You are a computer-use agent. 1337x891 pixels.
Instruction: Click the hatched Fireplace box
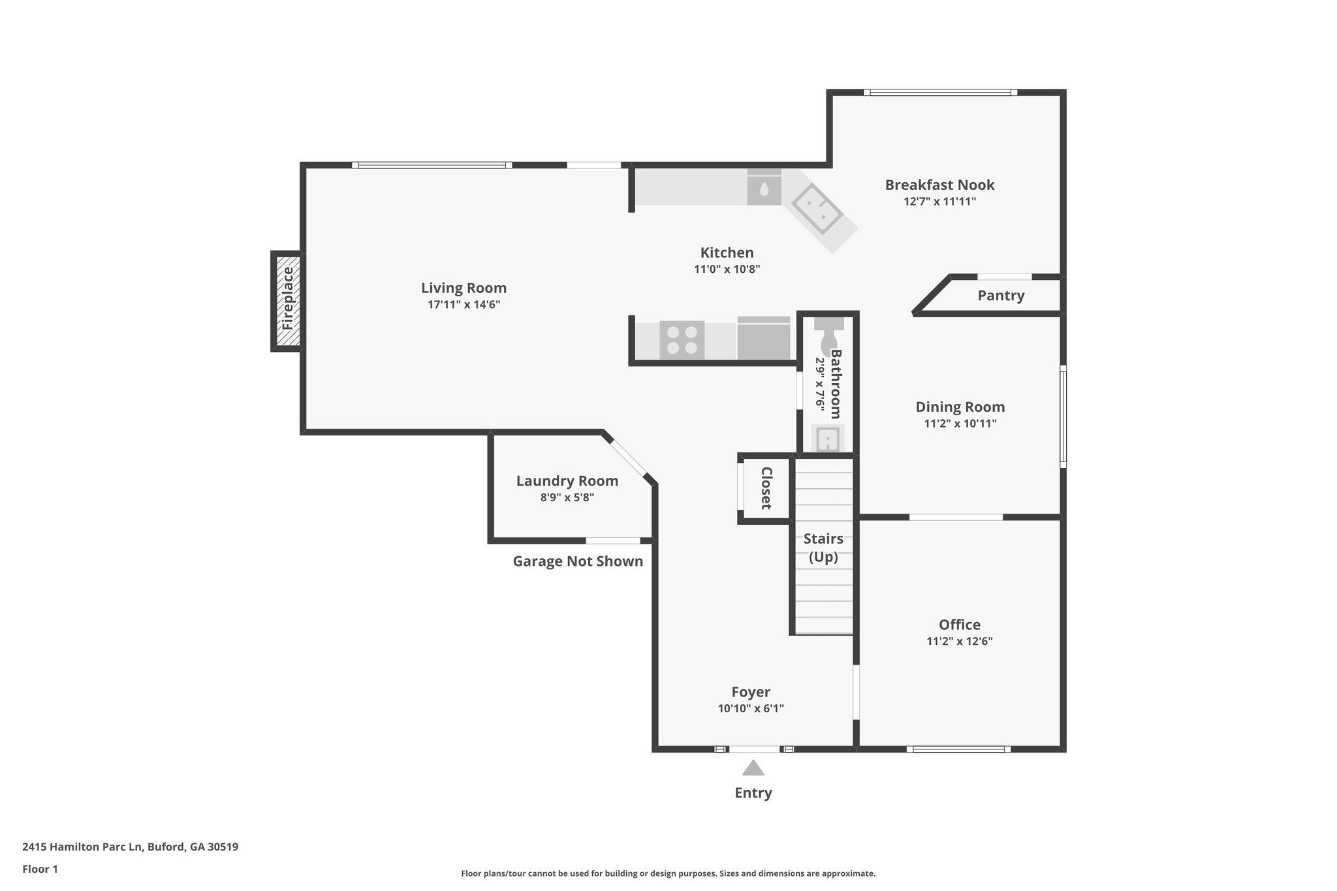point(288,301)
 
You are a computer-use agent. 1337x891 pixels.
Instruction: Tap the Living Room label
point(464,288)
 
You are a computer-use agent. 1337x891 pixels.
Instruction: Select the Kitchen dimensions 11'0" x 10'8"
point(727,269)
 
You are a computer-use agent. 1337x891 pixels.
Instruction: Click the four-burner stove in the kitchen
point(682,340)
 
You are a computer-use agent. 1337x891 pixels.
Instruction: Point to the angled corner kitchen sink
point(816,208)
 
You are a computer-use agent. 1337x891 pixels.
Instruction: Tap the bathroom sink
point(828,439)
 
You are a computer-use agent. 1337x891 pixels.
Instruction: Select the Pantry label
point(1000,296)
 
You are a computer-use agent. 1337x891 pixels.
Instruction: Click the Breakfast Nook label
point(939,185)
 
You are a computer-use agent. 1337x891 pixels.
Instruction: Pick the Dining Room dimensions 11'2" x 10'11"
point(960,423)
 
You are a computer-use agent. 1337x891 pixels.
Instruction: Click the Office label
point(959,625)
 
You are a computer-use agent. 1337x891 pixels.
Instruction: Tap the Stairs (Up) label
point(823,548)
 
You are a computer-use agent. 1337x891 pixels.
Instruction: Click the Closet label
point(766,488)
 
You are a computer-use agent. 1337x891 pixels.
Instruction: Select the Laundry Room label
point(567,481)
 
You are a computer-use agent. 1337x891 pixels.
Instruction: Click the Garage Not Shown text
point(578,561)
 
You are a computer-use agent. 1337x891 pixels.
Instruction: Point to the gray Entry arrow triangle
point(753,768)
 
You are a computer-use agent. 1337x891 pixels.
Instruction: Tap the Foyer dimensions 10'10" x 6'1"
point(750,708)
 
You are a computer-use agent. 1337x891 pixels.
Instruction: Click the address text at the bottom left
point(130,847)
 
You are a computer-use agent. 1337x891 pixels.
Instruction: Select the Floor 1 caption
point(40,869)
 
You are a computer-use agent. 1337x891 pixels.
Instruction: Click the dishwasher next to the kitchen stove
point(764,338)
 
